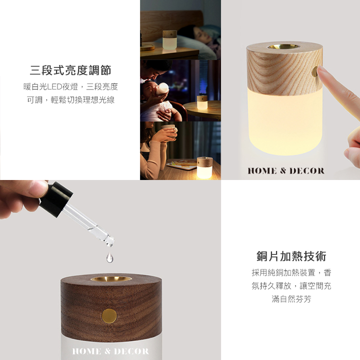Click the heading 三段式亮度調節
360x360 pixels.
pyautogui.click(x=70, y=70)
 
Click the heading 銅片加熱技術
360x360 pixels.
pyautogui.click(x=291, y=256)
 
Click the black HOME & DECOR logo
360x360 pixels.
pyautogui.click(x=286, y=171)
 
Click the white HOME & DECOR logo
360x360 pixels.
pyautogui.click(x=110, y=351)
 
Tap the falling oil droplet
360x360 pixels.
pyautogui.click(x=109, y=257)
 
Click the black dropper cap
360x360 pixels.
pyautogui.click(x=56, y=199)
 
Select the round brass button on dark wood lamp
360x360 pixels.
pyautogui.click(x=109, y=316)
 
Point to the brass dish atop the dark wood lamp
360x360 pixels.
pyautogui.click(x=111, y=279)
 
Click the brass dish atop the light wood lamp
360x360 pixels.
pyautogui.click(x=283, y=46)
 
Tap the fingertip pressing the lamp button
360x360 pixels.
pyautogui.click(x=321, y=70)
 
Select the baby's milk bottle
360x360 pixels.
pyautogui.click(x=162, y=89)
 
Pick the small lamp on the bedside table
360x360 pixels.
pyautogui.click(x=169, y=39)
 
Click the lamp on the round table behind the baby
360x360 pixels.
pyautogui.click(x=202, y=102)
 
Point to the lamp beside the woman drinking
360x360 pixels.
pyautogui.click(x=205, y=168)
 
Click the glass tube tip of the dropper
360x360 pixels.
pyautogui.click(x=109, y=241)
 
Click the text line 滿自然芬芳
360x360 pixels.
pyautogui.click(x=291, y=299)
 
